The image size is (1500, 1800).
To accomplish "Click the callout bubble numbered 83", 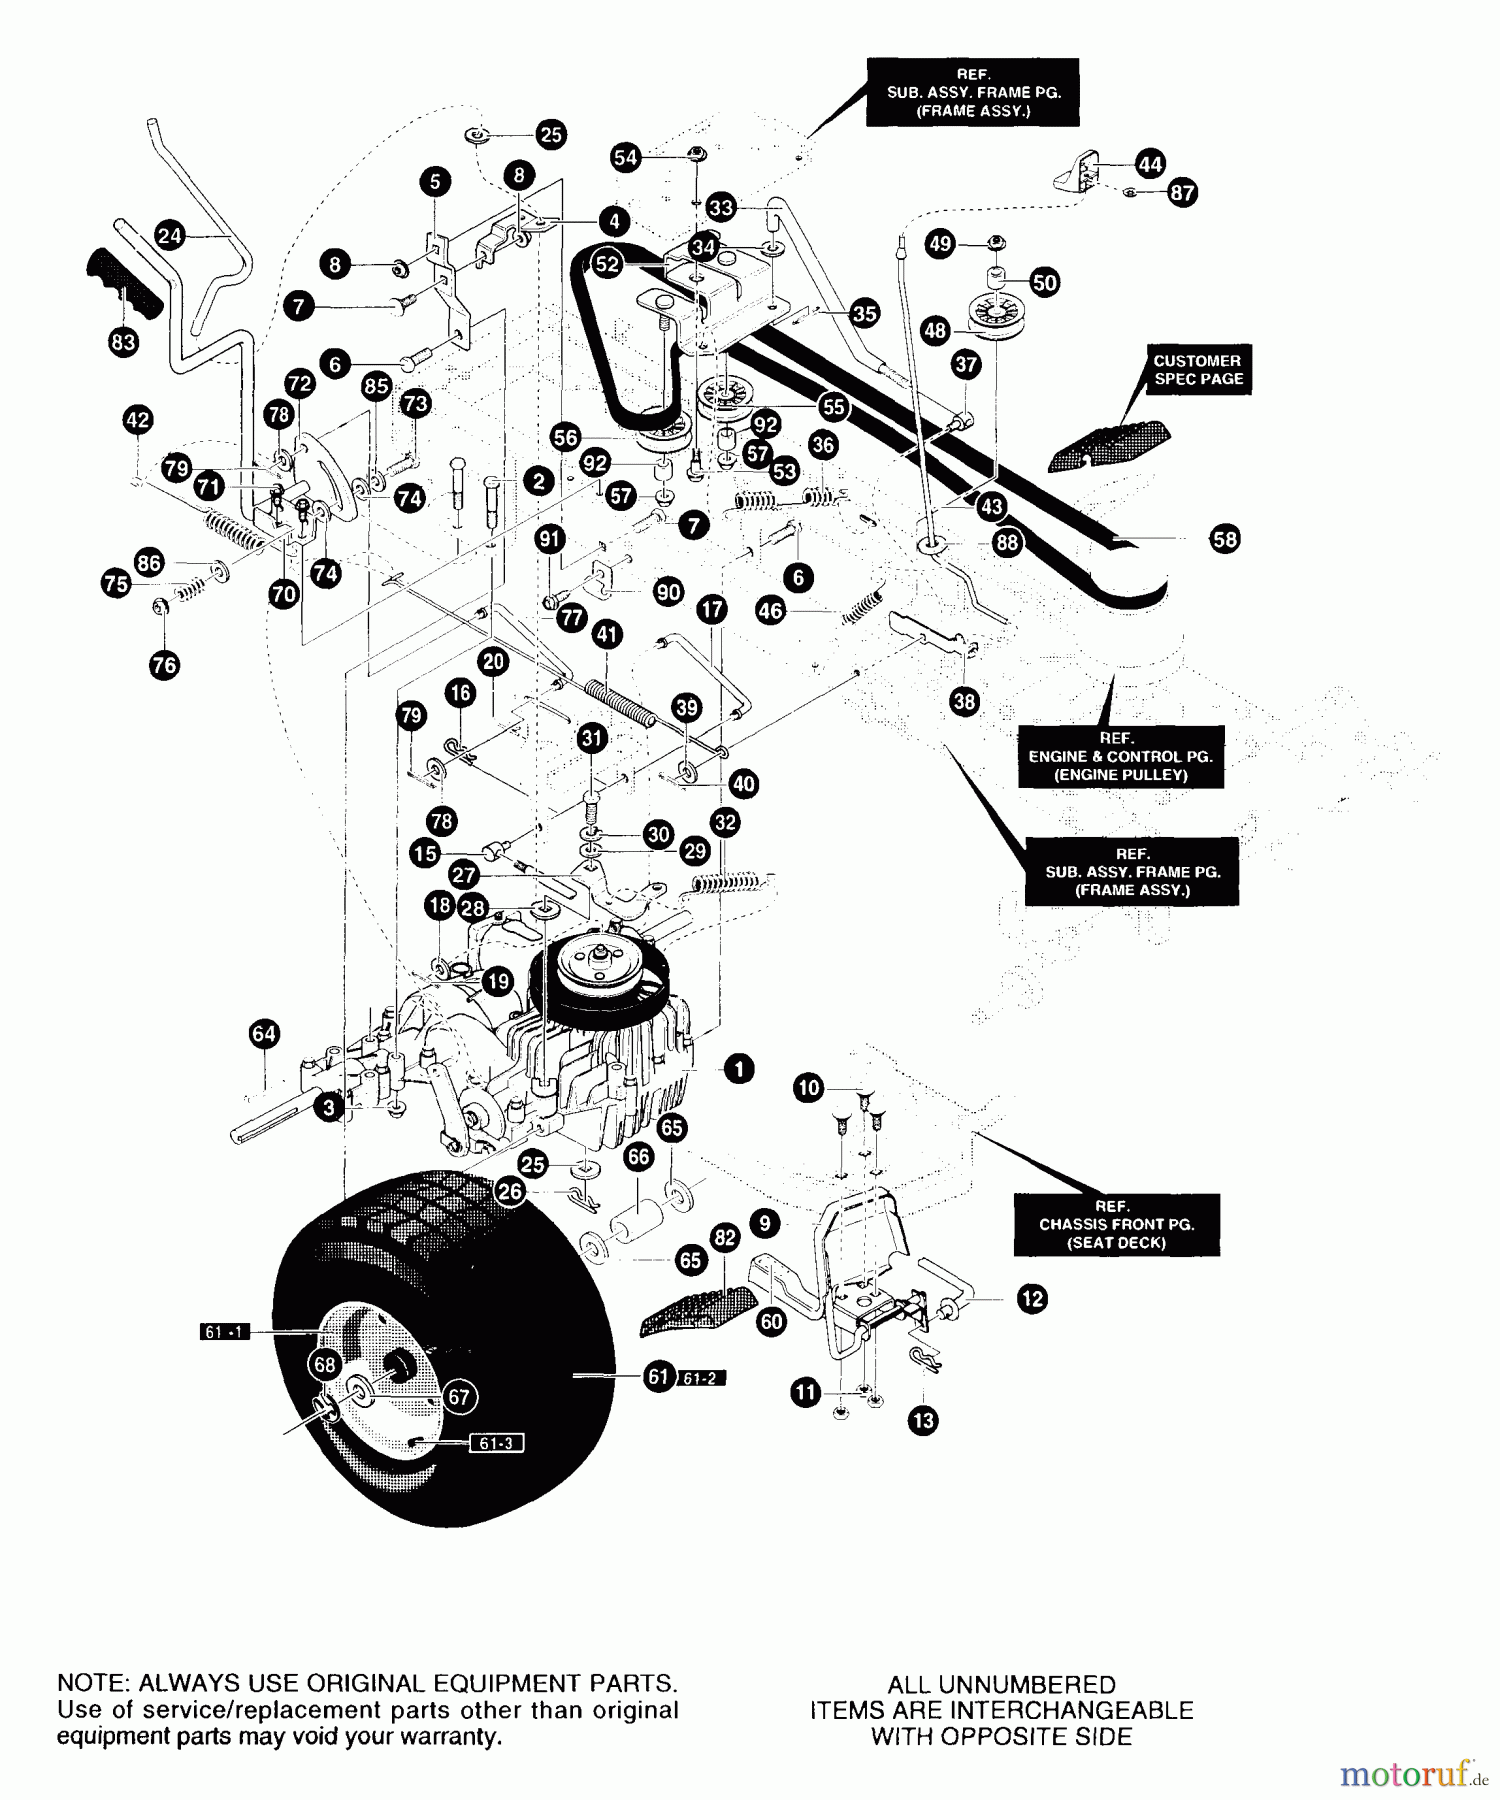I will pos(123,342).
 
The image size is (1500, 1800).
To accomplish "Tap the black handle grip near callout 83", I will pos(124,284).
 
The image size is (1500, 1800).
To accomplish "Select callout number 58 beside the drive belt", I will pos(1224,540).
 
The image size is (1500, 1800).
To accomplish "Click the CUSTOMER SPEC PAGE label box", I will pos(1197,370).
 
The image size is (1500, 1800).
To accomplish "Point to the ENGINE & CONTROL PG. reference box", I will pos(1120,757).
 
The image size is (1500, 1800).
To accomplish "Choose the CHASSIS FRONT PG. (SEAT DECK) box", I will pos(1116,1224).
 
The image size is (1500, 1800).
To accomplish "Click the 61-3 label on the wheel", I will pos(495,1443).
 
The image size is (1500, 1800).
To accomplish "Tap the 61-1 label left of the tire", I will pos(224,1332).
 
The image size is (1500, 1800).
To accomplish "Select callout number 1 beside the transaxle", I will pos(738,1069).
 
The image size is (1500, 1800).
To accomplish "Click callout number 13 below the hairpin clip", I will pos(924,1420).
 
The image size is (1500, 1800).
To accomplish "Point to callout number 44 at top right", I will pos(1150,164).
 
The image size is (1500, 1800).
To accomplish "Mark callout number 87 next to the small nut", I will pos(1182,192).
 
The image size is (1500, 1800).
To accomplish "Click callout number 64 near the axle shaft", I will pos(264,1033).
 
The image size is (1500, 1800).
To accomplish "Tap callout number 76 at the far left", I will pos(164,664).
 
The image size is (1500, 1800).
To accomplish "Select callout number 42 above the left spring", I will pos(138,420).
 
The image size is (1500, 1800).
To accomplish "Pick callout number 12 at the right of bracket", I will pos(1032,1299).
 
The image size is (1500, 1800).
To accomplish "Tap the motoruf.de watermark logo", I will pos(1413,1775).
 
